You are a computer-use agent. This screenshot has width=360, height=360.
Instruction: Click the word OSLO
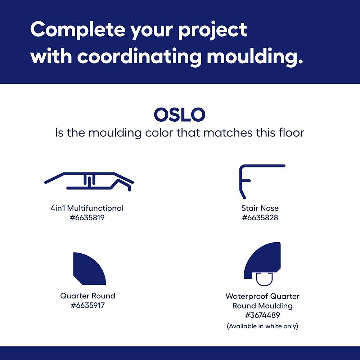tap(180, 114)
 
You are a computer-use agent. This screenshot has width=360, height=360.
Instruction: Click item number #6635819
tap(87, 217)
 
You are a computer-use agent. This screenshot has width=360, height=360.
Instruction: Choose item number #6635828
tap(260, 217)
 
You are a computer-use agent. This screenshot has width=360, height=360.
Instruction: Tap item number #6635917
tap(87, 305)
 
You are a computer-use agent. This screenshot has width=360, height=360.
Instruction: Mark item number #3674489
tap(262, 315)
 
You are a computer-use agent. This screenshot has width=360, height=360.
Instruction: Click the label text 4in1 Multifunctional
tap(87, 208)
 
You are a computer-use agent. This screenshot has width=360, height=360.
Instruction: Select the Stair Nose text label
tap(260, 208)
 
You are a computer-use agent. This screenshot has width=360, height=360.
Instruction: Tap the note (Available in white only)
tap(262, 326)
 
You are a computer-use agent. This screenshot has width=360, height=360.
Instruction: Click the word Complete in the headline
tap(77, 30)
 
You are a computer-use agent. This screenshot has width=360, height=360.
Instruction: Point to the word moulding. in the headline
tap(255, 57)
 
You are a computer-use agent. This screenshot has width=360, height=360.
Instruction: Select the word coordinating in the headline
tap(139, 57)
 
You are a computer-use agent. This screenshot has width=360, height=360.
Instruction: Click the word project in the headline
tap(212, 31)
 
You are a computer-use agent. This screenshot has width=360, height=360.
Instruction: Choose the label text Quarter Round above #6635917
tap(87, 296)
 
